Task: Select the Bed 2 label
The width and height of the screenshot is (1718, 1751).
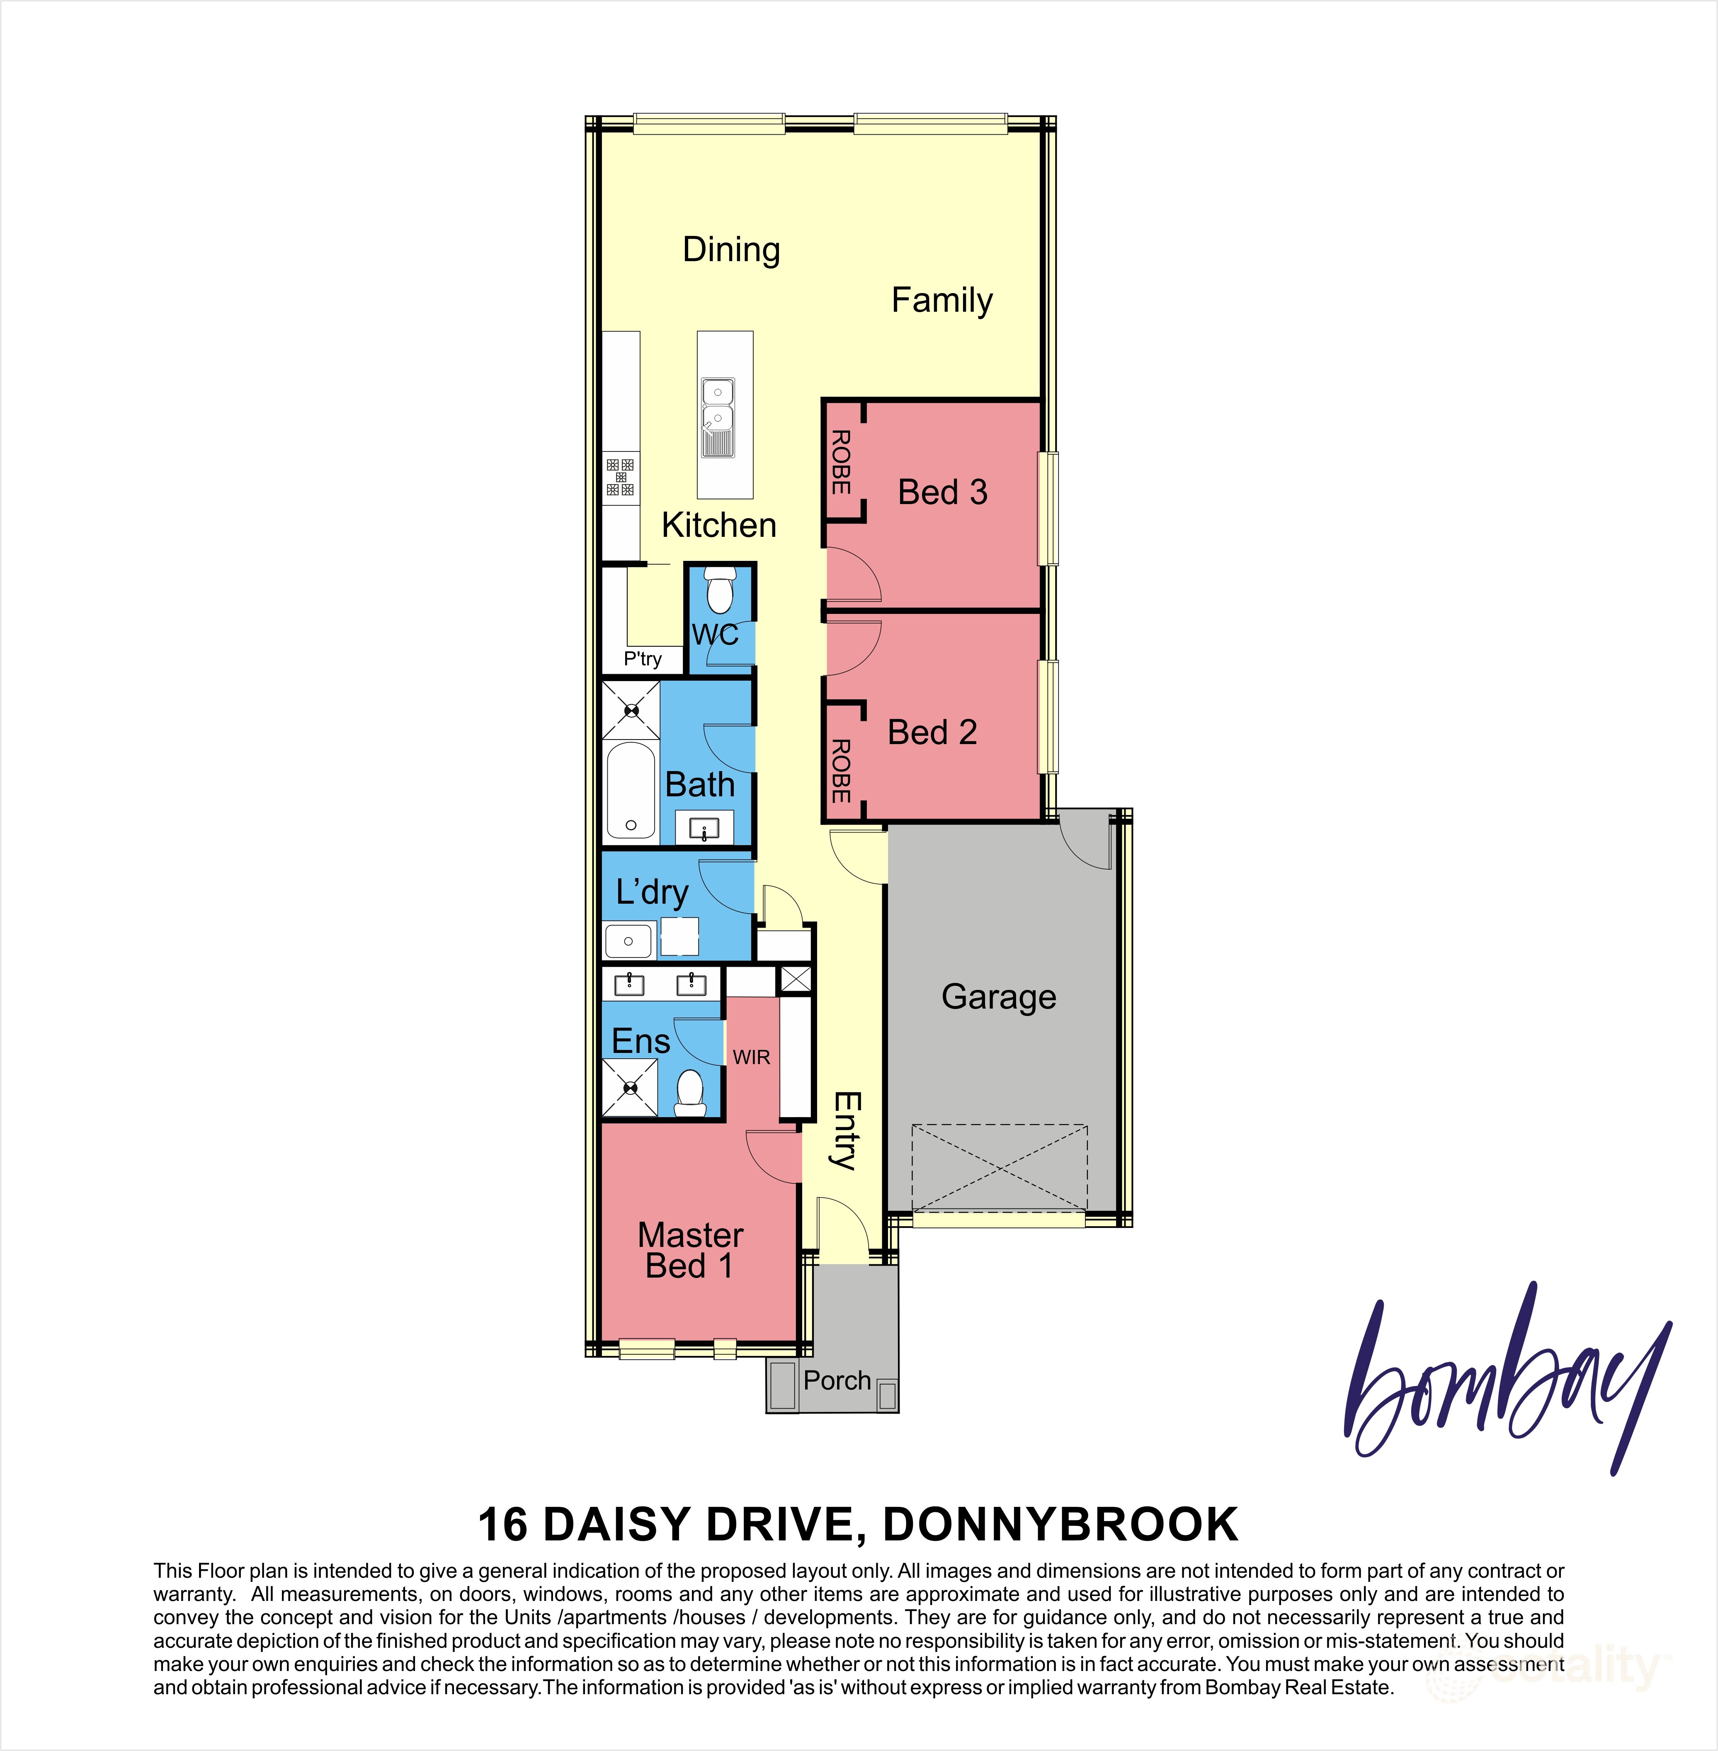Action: tap(932, 732)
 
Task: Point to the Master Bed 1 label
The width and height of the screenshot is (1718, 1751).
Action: tap(690, 1250)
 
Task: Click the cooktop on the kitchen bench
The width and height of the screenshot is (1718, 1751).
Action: tap(620, 477)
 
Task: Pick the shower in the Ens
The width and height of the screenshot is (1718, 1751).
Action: tap(630, 1088)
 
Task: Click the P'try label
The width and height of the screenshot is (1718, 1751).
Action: tap(643, 660)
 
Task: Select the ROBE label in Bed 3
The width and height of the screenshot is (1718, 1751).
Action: tap(840, 462)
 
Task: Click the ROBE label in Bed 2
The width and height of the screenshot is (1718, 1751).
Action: tap(840, 771)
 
